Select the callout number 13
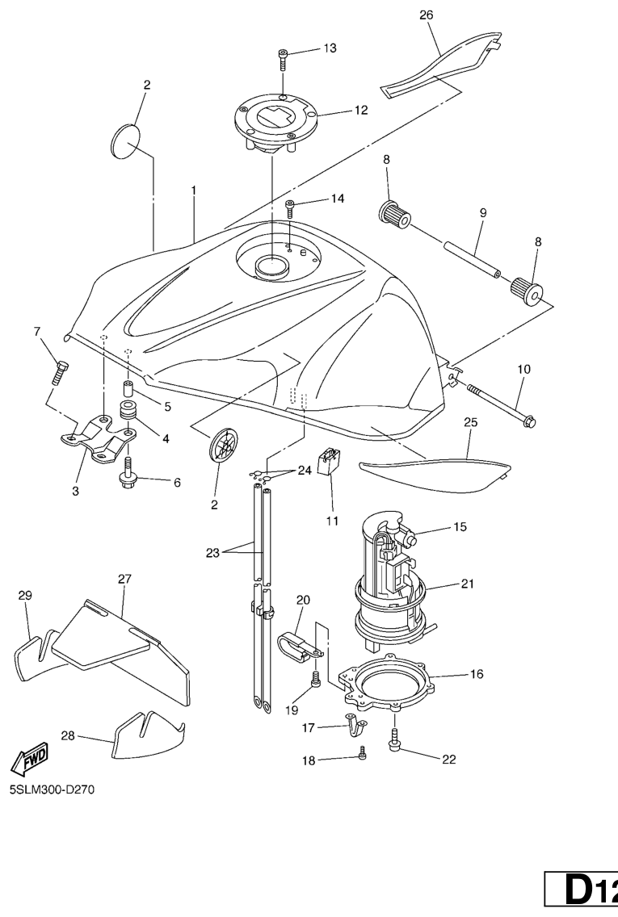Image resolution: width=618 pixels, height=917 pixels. click(330, 48)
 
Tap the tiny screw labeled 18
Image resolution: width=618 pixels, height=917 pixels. click(362, 754)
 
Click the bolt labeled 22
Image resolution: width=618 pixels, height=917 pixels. click(395, 739)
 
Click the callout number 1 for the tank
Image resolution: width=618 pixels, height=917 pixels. click(194, 190)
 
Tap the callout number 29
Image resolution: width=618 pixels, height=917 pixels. click(25, 596)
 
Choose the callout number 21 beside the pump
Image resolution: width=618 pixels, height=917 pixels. click(467, 584)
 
